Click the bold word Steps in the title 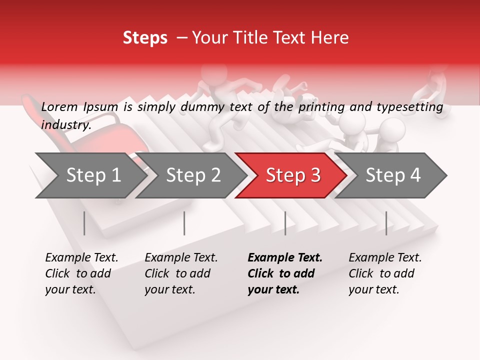[145, 38]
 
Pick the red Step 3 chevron [293, 175]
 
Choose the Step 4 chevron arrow [393, 175]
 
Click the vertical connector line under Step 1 [84, 223]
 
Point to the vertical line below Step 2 [184, 223]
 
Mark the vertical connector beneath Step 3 [285, 223]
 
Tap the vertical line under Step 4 [386, 223]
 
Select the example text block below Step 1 [81, 273]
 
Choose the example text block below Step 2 [181, 273]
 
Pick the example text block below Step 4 [385, 273]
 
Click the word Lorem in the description [58, 106]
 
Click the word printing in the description [322, 106]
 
